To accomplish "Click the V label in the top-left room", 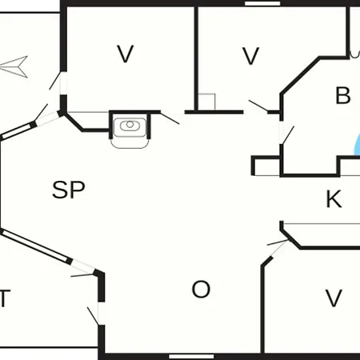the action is pos(126,54).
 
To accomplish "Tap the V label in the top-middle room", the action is pos(250,56).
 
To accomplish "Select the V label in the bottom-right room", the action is pos(334,298).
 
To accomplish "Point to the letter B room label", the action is pos(343,95).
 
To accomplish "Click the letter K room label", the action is pos(334,198).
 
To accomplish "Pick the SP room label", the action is pos(69,190).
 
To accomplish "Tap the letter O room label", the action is pos(201,290).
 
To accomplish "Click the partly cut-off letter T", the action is pos(5,298).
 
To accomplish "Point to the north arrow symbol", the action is pos(14,66).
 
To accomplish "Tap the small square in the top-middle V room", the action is pos(206,102).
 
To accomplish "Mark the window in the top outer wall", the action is pos(262,3).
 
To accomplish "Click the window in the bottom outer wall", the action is pos(191,357).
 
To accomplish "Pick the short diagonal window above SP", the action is pos(18,130).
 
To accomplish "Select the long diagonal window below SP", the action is pos(36,246).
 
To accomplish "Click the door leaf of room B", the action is pos(288,135).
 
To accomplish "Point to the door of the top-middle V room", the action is pos(258,106).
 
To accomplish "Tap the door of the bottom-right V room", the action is pos(278,242).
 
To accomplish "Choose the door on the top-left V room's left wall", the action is pos(54,81).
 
